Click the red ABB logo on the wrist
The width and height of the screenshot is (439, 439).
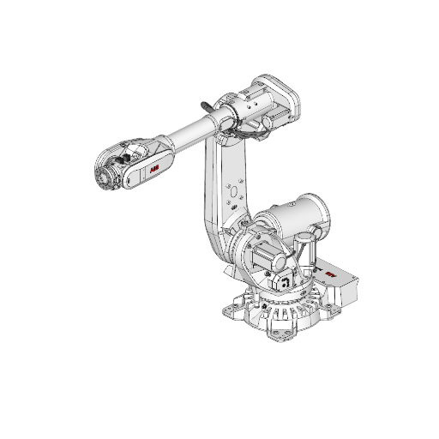154,171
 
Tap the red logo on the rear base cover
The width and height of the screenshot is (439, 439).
332,275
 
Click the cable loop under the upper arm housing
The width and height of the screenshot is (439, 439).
249,133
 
